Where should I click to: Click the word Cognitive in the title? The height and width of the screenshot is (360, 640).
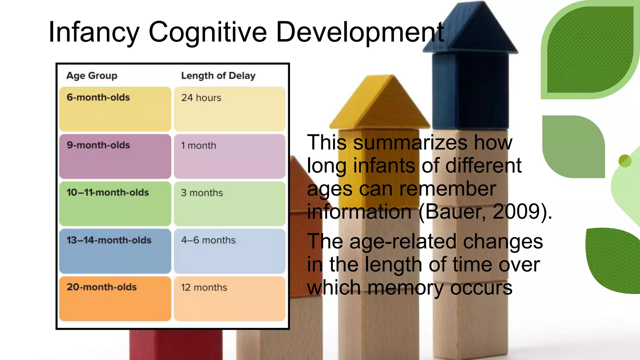207,32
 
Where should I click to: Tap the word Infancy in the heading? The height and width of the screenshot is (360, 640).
94,32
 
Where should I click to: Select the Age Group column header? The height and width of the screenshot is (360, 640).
92,76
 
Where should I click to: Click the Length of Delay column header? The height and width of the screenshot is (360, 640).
218,76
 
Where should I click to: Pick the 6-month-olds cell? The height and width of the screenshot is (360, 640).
115,109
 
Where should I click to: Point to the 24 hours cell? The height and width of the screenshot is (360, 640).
229,109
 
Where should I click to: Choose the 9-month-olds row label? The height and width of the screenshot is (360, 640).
115,156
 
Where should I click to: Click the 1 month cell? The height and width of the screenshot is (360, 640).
229,156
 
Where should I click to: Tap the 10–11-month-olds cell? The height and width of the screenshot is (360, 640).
115,203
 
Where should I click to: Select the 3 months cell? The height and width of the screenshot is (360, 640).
229,203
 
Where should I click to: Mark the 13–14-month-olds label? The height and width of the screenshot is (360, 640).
115,251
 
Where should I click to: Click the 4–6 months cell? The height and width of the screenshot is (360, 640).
229,251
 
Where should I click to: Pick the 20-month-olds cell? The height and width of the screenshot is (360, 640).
115,298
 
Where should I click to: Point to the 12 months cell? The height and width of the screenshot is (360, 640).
229,298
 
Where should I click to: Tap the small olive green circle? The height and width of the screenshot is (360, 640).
625,161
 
